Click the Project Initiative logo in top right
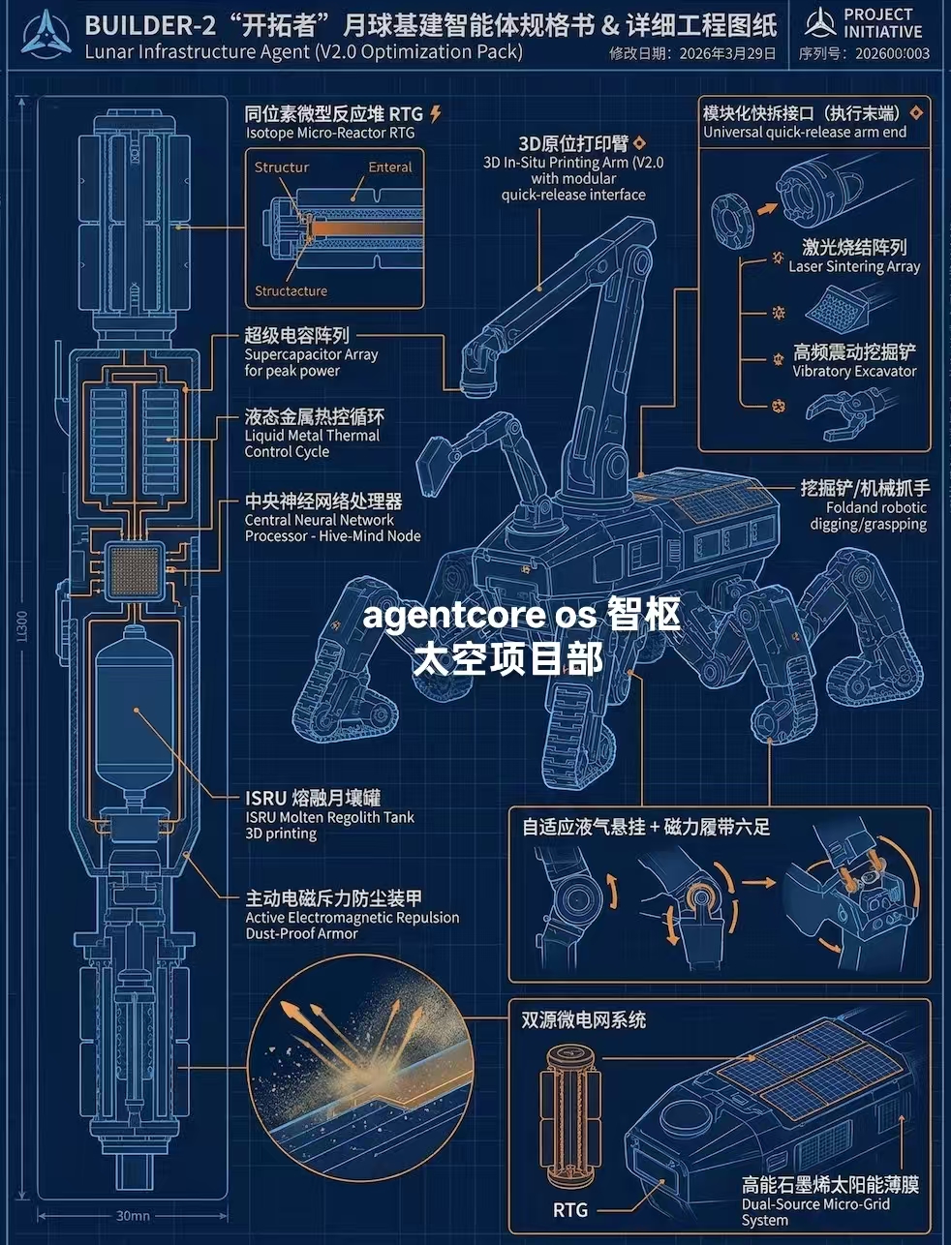pyautogui.click(x=819, y=23)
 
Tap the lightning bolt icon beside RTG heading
pyautogui.click(x=436, y=114)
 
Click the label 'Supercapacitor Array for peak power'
pyautogui.click(x=311, y=362)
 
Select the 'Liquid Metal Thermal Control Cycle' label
pyautogui.click(x=313, y=443)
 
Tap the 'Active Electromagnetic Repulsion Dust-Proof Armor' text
pyautogui.click(x=352, y=926)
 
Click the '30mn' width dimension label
pyautogui.click(x=133, y=1215)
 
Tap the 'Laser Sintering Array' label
pyautogui.click(x=853, y=266)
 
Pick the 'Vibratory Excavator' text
pyautogui.click(x=853, y=371)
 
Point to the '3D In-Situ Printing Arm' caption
pyautogui.click(x=573, y=178)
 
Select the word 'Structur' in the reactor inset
pyautogui.click(x=282, y=167)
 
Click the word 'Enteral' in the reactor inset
pyautogui.click(x=389, y=167)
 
